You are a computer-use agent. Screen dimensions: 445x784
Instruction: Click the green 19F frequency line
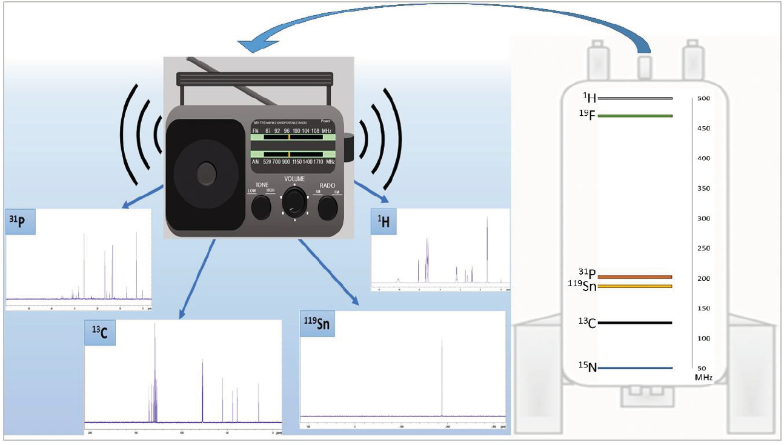(x=635, y=116)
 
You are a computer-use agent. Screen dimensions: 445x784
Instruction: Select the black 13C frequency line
(x=635, y=323)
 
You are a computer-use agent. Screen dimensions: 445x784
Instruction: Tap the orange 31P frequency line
(x=635, y=277)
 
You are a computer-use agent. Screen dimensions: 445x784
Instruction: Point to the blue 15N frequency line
(x=635, y=367)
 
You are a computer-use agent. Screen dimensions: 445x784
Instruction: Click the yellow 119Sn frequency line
(x=635, y=286)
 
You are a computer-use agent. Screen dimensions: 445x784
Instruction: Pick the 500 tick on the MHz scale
(x=703, y=98)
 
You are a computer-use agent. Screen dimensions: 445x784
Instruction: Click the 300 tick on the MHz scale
(x=703, y=218)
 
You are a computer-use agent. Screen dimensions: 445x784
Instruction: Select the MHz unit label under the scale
(x=703, y=377)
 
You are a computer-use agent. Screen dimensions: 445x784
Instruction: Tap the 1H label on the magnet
(x=589, y=98)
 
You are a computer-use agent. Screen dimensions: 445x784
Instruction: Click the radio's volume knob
(x=295, y=202)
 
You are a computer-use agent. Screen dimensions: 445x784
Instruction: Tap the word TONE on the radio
(x=261, y=184)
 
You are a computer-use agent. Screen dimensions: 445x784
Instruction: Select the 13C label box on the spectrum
(x=100, y=333)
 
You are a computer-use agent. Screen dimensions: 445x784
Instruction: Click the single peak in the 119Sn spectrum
(x=442, y=376)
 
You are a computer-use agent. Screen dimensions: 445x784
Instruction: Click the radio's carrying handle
(x=253, y=79)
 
